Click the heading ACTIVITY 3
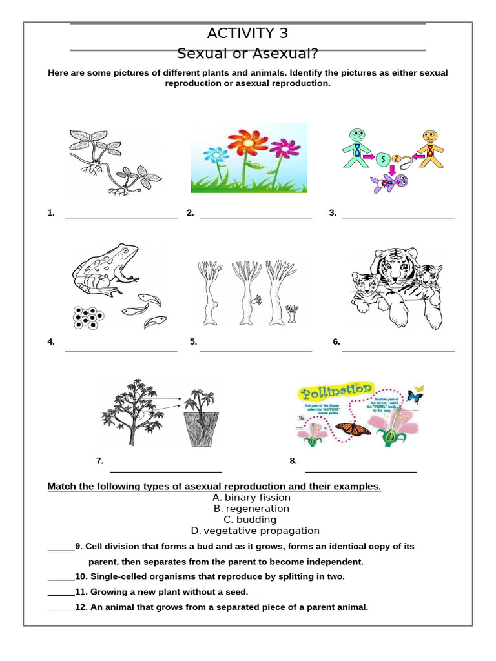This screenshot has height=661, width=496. [x=247, y=34]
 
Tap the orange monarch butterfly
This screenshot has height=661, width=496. [x=353, y=427]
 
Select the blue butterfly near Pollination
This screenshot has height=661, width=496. [x=415, y=396]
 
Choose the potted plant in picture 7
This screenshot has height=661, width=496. [x=201, y=418]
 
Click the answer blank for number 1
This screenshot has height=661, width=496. [x=121, y=218]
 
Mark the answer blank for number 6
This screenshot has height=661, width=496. [x=398, y=349]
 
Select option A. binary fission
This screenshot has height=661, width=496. [x=251, y=498]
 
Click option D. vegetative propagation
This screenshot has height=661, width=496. [x=254, y=531]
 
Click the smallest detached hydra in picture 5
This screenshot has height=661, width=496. [x=292, y=314]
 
